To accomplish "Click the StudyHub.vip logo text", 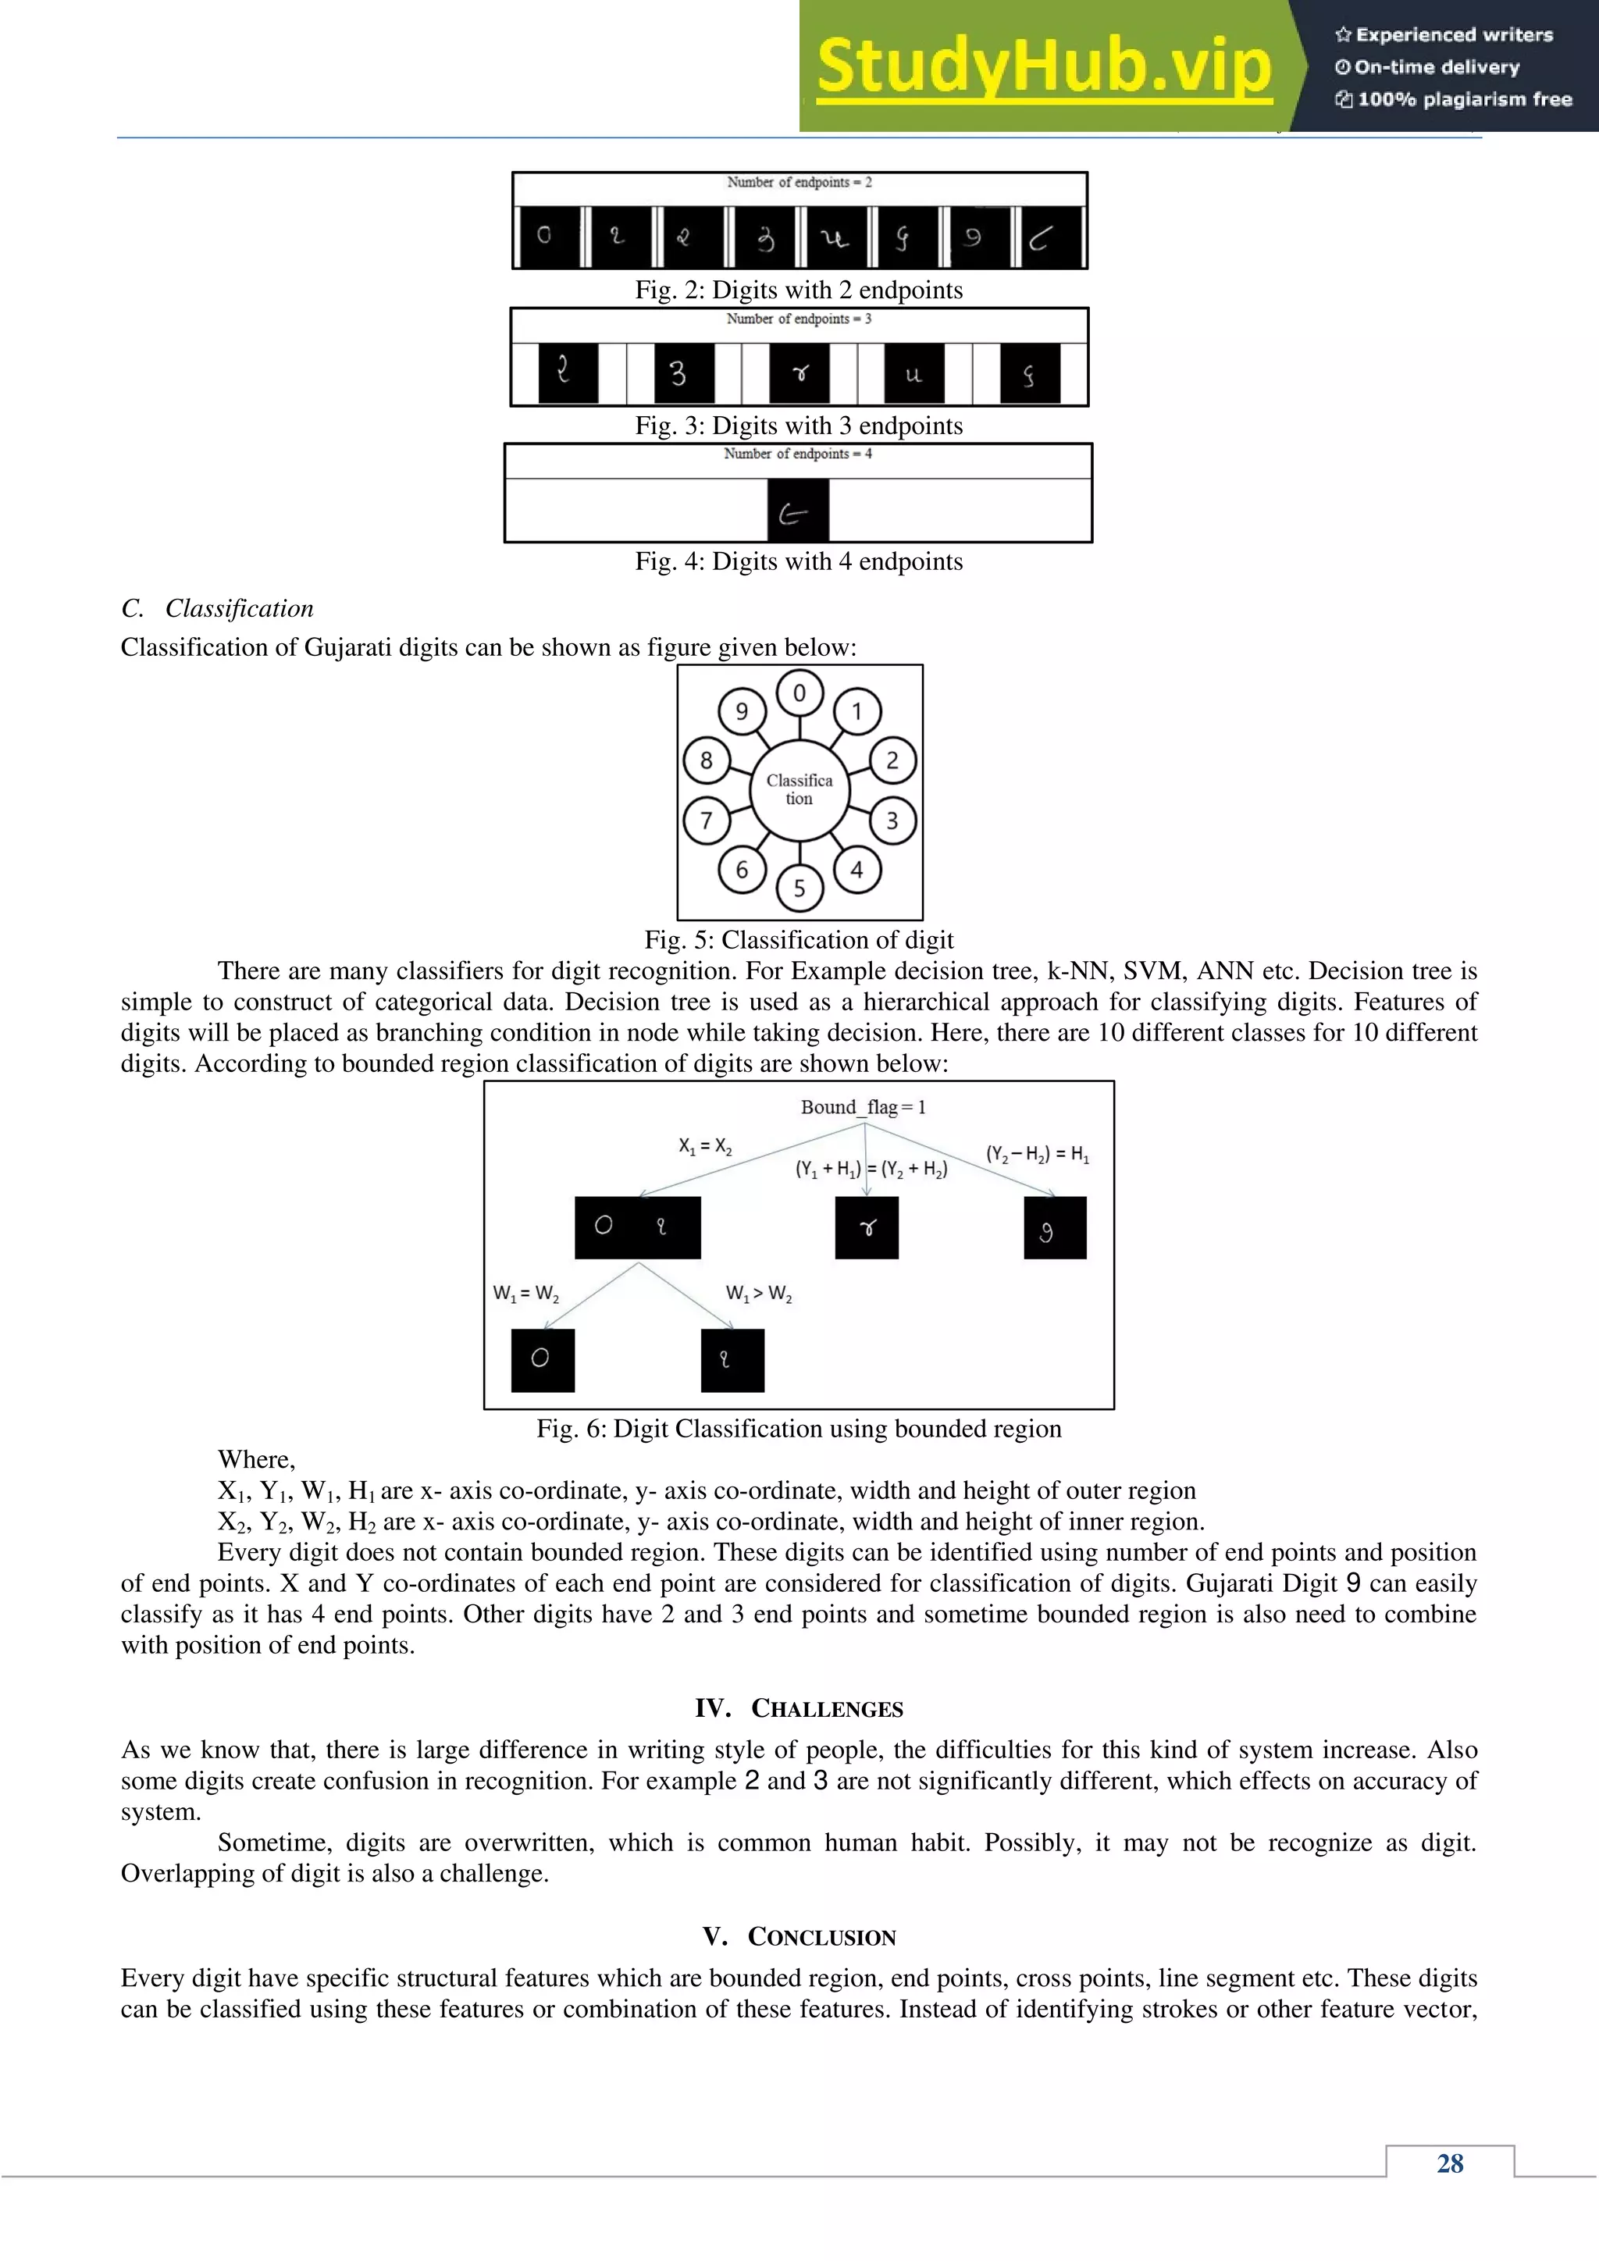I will pyautogui.click(x=1044, y=67).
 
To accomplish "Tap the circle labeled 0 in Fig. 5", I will pyautogui.click(x=799, y=693).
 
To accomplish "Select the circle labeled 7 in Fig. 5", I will pyautogui.click(x=706, y=821).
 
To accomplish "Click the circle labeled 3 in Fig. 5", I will pyautogui.click(x=892, y=821).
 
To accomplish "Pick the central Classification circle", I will pyautogui.click(x=799, y=790).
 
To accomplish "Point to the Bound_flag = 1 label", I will pyautogui.click(x=863, y=1107).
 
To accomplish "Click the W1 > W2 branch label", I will pyautogui.click(x=758, y=1293).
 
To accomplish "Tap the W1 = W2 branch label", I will pyautogui.click(x=525, y=1293).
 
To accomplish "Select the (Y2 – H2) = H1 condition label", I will pyautogui.click(x=1037, y=1153).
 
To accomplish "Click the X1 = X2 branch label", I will pyautogui.click(x=705, y=1145).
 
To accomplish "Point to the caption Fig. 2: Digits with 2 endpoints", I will pyautogui.click(x=799, y=290).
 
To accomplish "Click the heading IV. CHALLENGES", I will pyautogui.click(x=799, y=1708).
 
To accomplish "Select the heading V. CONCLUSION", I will pyautogui.click(x=799, y=1937).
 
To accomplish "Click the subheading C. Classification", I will pyautogui.click(x=218, y=608).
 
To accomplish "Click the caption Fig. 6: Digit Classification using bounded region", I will pyautogui.click(x=799, y=1429).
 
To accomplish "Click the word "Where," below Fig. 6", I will pyautogui.click(x=256, y=1459).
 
